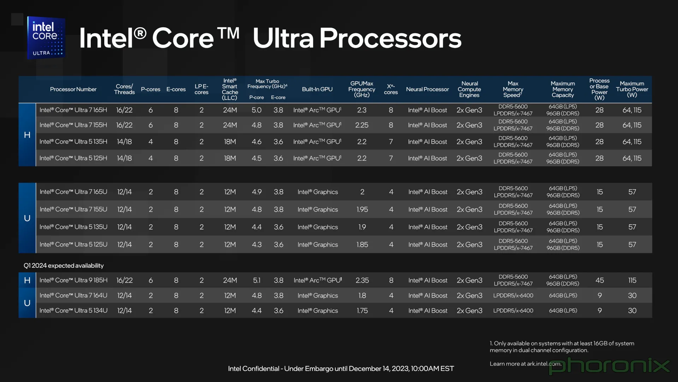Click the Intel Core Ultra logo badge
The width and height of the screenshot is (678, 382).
(46, 37)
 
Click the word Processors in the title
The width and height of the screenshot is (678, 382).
(390, 38)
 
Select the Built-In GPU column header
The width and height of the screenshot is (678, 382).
(317, 89)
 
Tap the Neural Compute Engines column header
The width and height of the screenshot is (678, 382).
(469, 89)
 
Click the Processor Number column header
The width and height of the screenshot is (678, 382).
(73, 89)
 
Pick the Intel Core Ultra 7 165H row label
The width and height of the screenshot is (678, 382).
(73, 110)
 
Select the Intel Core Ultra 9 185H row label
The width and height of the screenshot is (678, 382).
(73, 280)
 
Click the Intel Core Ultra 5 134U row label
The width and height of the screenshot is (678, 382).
(73, 311)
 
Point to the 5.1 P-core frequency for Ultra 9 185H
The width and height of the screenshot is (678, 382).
(257, 280)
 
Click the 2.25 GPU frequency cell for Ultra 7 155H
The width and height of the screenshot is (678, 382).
(362, 125)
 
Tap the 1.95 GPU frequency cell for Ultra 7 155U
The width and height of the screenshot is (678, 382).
(362, 209)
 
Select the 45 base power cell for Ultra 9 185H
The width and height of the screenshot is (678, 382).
(600, 280)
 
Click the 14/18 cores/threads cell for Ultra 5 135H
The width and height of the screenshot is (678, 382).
(124, 142)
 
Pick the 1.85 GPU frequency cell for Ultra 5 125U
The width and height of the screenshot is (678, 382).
(362, 244)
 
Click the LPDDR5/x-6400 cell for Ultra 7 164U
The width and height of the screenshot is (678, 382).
(513, 295)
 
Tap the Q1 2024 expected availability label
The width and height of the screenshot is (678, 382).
(64, 266)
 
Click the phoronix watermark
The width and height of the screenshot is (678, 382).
(609, 366)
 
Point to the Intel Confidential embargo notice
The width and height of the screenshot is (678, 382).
(341, 369)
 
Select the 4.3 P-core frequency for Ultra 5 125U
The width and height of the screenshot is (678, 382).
(257, 244)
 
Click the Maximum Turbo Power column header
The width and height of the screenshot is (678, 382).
(632, 89)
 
